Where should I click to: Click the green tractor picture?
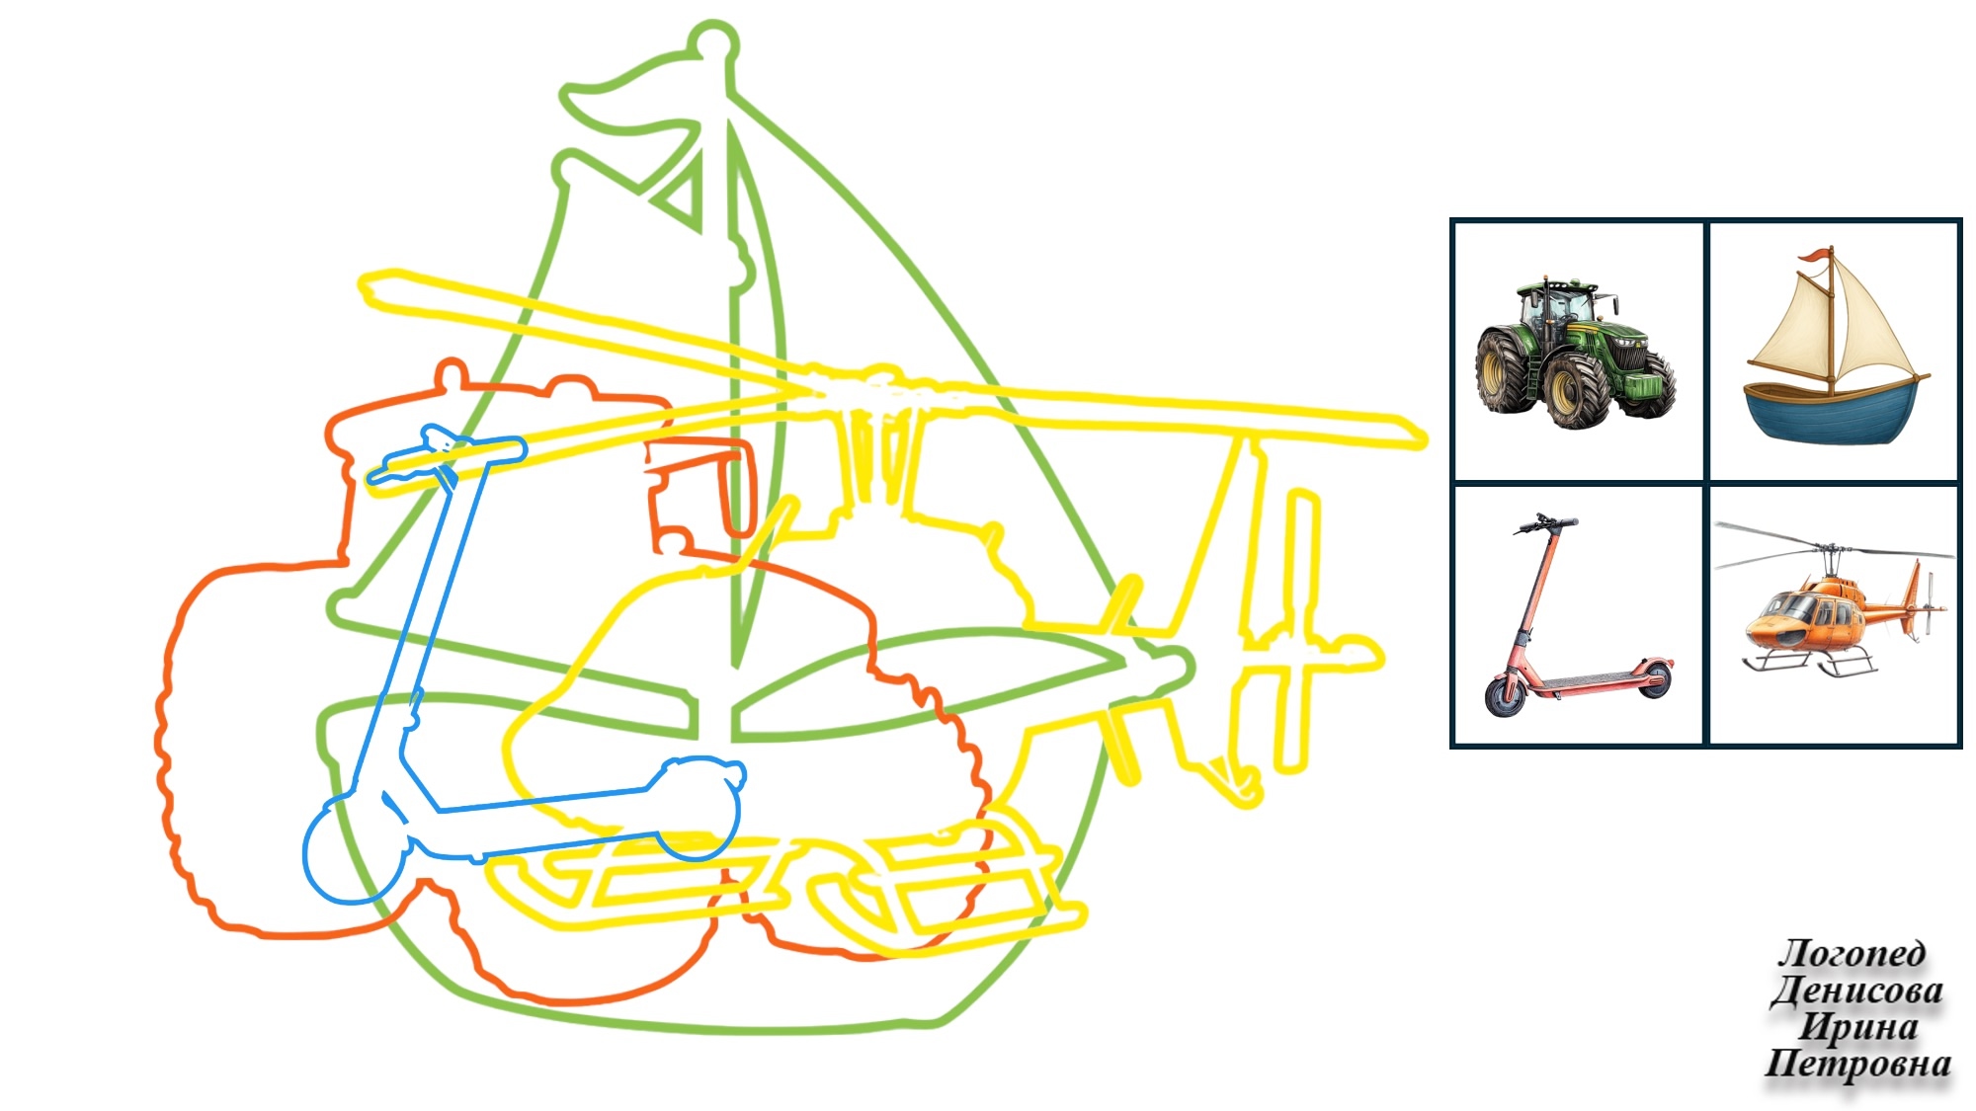point(1576,353)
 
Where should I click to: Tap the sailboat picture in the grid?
point(1835,346)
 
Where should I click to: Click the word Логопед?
point(1852,953)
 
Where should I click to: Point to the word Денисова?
point(1857,991)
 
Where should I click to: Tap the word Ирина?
point(1857,1027)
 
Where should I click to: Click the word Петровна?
point(1857,1064)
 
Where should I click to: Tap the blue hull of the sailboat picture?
point(1834,413)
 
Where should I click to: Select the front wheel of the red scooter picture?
point(1506,694)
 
